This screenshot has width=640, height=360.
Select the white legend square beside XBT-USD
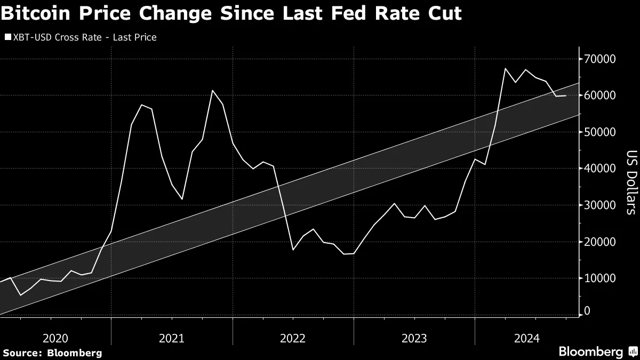pyautogui.click(x=7, y=37)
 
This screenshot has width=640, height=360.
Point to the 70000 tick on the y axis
pyautogui.click(x=601, y=59)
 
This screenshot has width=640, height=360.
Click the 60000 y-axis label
pyautogui.click(x=601, y=95)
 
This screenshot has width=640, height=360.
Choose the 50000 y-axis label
pyautogui.click(x=601, y=132)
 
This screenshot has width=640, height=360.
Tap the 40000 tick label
pyautogui.click(x=601, y=169)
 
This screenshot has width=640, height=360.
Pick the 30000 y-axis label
pyautogui.click(x=601, y=205)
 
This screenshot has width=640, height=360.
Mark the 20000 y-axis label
pyautogui.click(x=601, y=242)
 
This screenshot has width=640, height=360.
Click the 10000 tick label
pyautogui.click(x=601, y=278)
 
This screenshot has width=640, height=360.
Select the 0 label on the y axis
pyautogui.click(x=588, y=310)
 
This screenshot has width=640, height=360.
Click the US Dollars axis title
pyautogui.click(x=631, y=182)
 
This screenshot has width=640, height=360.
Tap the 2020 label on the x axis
pyautogui.click(x=54, y=338)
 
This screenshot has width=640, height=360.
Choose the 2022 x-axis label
pyautogui.click(x=293, y=338)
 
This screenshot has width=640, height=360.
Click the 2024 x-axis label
pyautogui.click(x=526, y=338)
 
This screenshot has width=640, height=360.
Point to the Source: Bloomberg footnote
pyautogui.click(x=52, y=353)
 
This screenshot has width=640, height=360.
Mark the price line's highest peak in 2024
pyautogui.click(x=505, y=68)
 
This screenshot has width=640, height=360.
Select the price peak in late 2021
pyautogui.click(x=212, y=90)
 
